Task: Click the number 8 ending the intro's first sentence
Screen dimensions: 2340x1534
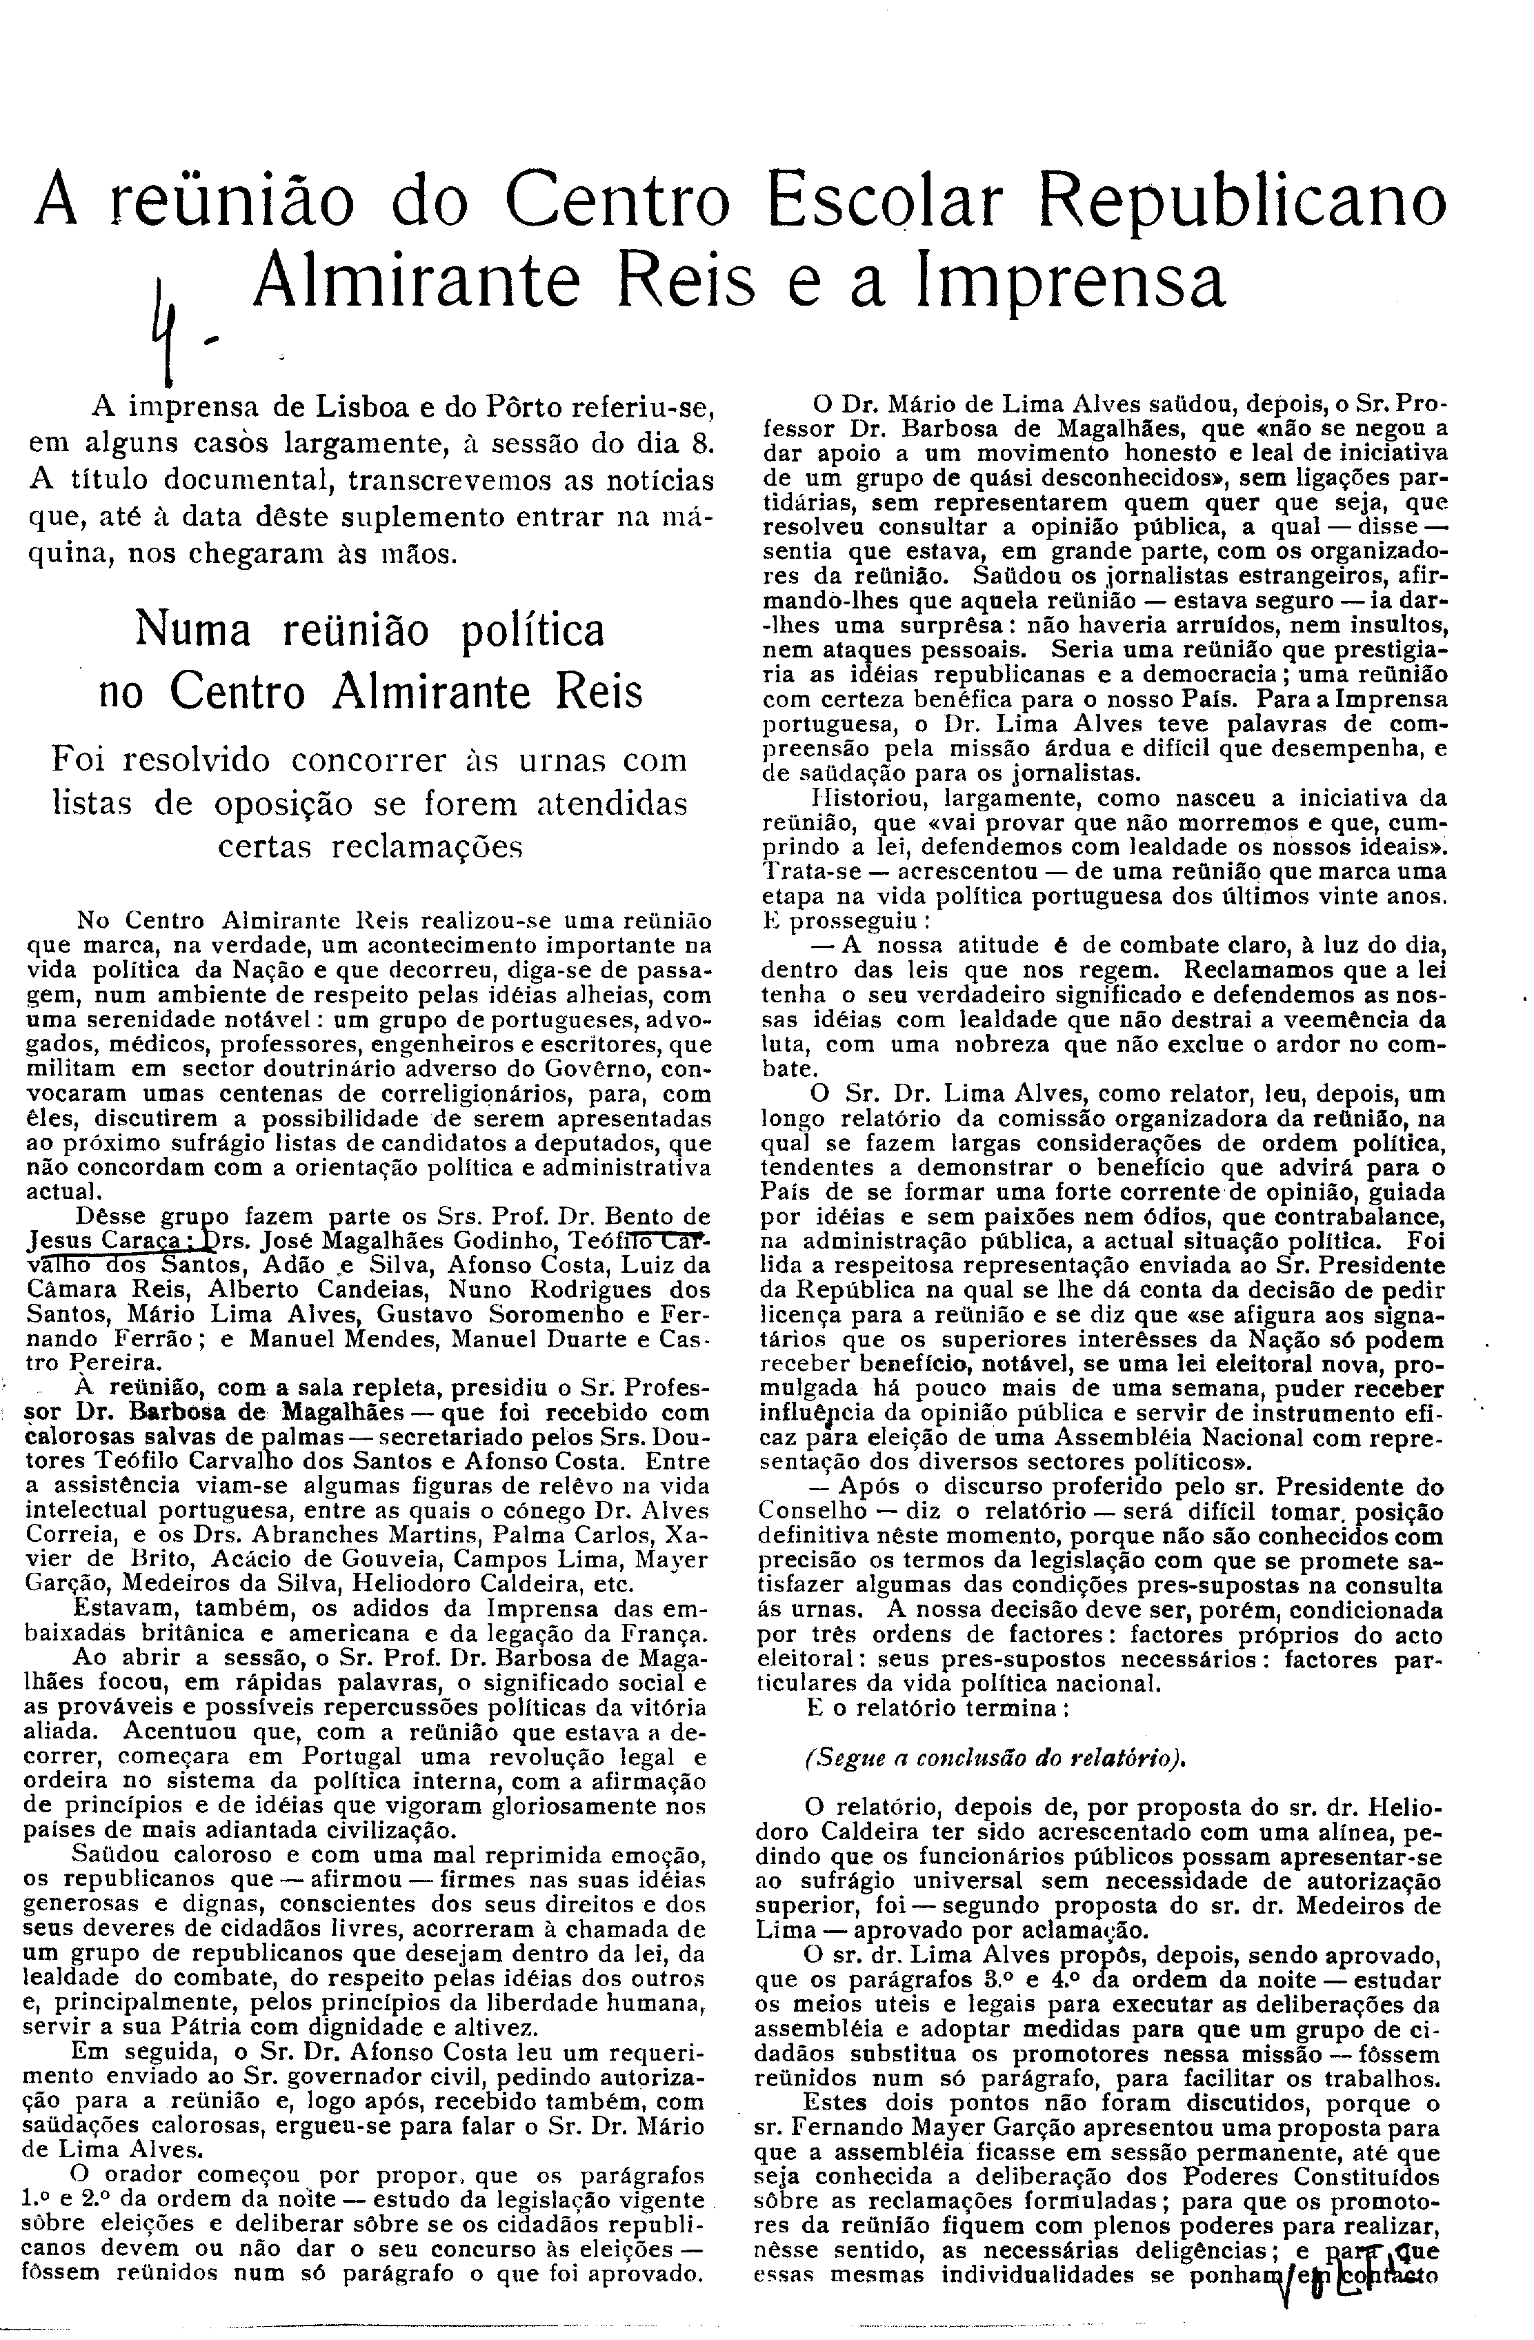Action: [700, 442]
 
